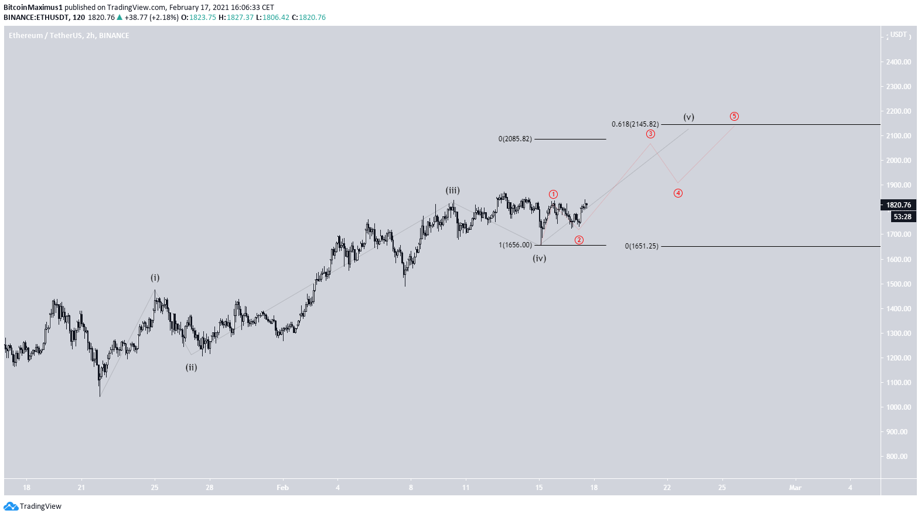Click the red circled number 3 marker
point(650,134)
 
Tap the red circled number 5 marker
point(734,117)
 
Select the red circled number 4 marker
point(678,193)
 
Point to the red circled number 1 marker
point(553,195)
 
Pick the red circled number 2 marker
point(579,240)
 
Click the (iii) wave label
point(452,191)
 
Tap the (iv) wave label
point(539,258)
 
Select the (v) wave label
point(688,117)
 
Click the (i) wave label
point(155,278)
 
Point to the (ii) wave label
point(191,368)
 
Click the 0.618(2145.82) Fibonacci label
point(635,124)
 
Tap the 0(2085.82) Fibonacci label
point(515,139)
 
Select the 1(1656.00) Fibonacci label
point(515,245)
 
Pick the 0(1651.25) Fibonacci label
point(642,246)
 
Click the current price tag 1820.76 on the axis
point(898,205)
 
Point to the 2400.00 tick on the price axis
point(898,62)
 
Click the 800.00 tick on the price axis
point(897,457)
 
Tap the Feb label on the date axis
point(282,488)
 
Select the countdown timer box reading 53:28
point(902,217)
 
